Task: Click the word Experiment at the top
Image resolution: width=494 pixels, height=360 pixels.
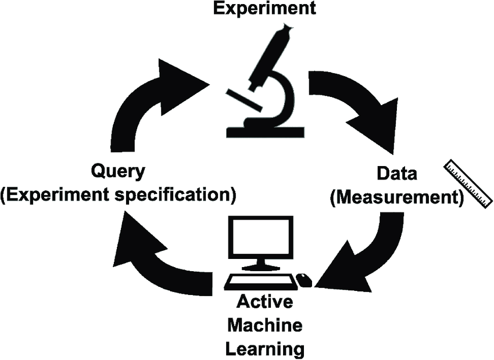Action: click(x=264, y=8)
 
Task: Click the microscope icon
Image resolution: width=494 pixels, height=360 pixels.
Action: click(x=264, y=81)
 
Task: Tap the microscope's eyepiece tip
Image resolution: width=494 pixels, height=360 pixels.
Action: click(x=287, y=27)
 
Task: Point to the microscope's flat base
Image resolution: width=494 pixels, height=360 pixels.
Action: click(x=265, y=132)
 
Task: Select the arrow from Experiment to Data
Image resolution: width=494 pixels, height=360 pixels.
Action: click(x=355, y=105)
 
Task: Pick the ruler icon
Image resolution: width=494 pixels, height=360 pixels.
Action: click(x=468, y=182)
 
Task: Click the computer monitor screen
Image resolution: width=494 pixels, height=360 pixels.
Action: click(x=260, y=238)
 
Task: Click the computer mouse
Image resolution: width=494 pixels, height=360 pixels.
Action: click(x=304, y=280)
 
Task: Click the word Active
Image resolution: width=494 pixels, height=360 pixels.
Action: click(x=264, y=302)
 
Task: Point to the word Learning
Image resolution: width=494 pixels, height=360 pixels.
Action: click(x=264, y=349)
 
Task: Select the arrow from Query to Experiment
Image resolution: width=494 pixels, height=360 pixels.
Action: click(x=151, y=105)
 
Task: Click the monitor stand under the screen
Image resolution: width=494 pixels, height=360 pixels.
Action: click(x=260, y=266)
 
